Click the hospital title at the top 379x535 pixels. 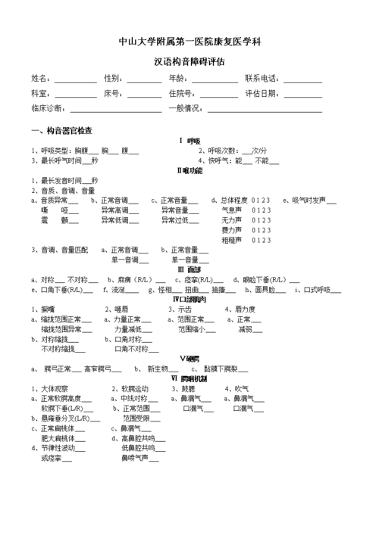pyautogui.click(x=189, y=40)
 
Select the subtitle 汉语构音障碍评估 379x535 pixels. pyautogui.click(x=189, y=63)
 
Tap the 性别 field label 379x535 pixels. pyautogui.click(x=113, y=79)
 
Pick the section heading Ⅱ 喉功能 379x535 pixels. pyautogui.click(x=189, y=171)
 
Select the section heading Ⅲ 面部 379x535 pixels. pyautogui.click(x=189, y=269)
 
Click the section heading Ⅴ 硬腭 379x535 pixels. pyautogui.click(x=189, y=358)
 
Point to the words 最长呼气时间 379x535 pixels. pyautogui.click(x=56, y=161)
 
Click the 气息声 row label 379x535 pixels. pyautogui.click(x=231, y=210)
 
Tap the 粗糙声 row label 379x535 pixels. pyautogui.click(x=231, y=240)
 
